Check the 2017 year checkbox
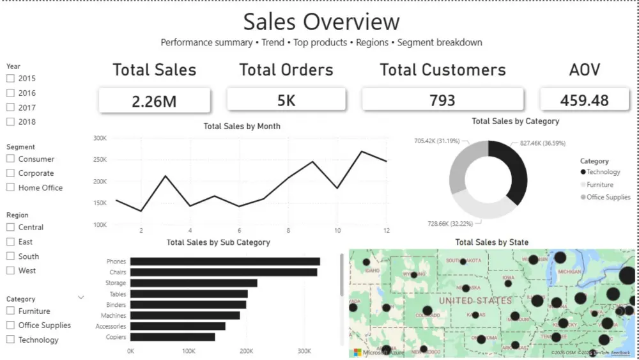(x=10, y=107)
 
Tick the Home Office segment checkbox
(x=10, y=187)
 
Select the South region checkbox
(x=10, y=256)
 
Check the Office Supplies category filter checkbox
(x=10, y=325)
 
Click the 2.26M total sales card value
(x=154, y=100)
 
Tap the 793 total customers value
(x=442, y=100)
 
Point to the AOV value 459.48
(x=584, y=100)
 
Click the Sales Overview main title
(x=321, y=21)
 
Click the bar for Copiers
(x=173, y=337)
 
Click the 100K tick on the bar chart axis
(x=189, y=351)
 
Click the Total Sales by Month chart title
(x=242, y=126)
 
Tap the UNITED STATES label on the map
(x=475, y=300)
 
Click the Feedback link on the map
(x=620, y=353)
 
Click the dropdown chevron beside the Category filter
(x=81, y=298)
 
